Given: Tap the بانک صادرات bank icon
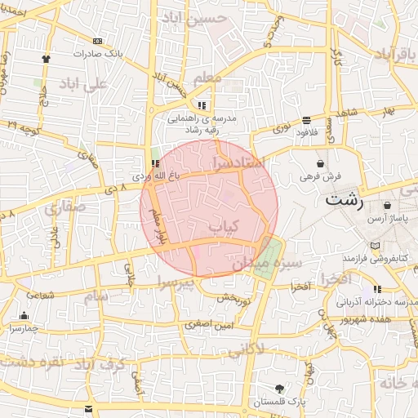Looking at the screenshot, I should click(98, 42).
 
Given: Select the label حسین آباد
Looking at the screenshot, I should click(194, 17).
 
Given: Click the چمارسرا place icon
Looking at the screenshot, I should click(24, 316).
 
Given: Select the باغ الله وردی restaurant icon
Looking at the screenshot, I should click(156, 163).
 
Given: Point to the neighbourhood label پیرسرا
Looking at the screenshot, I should click(176, 283).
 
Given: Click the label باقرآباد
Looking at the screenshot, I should click(396, 53).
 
